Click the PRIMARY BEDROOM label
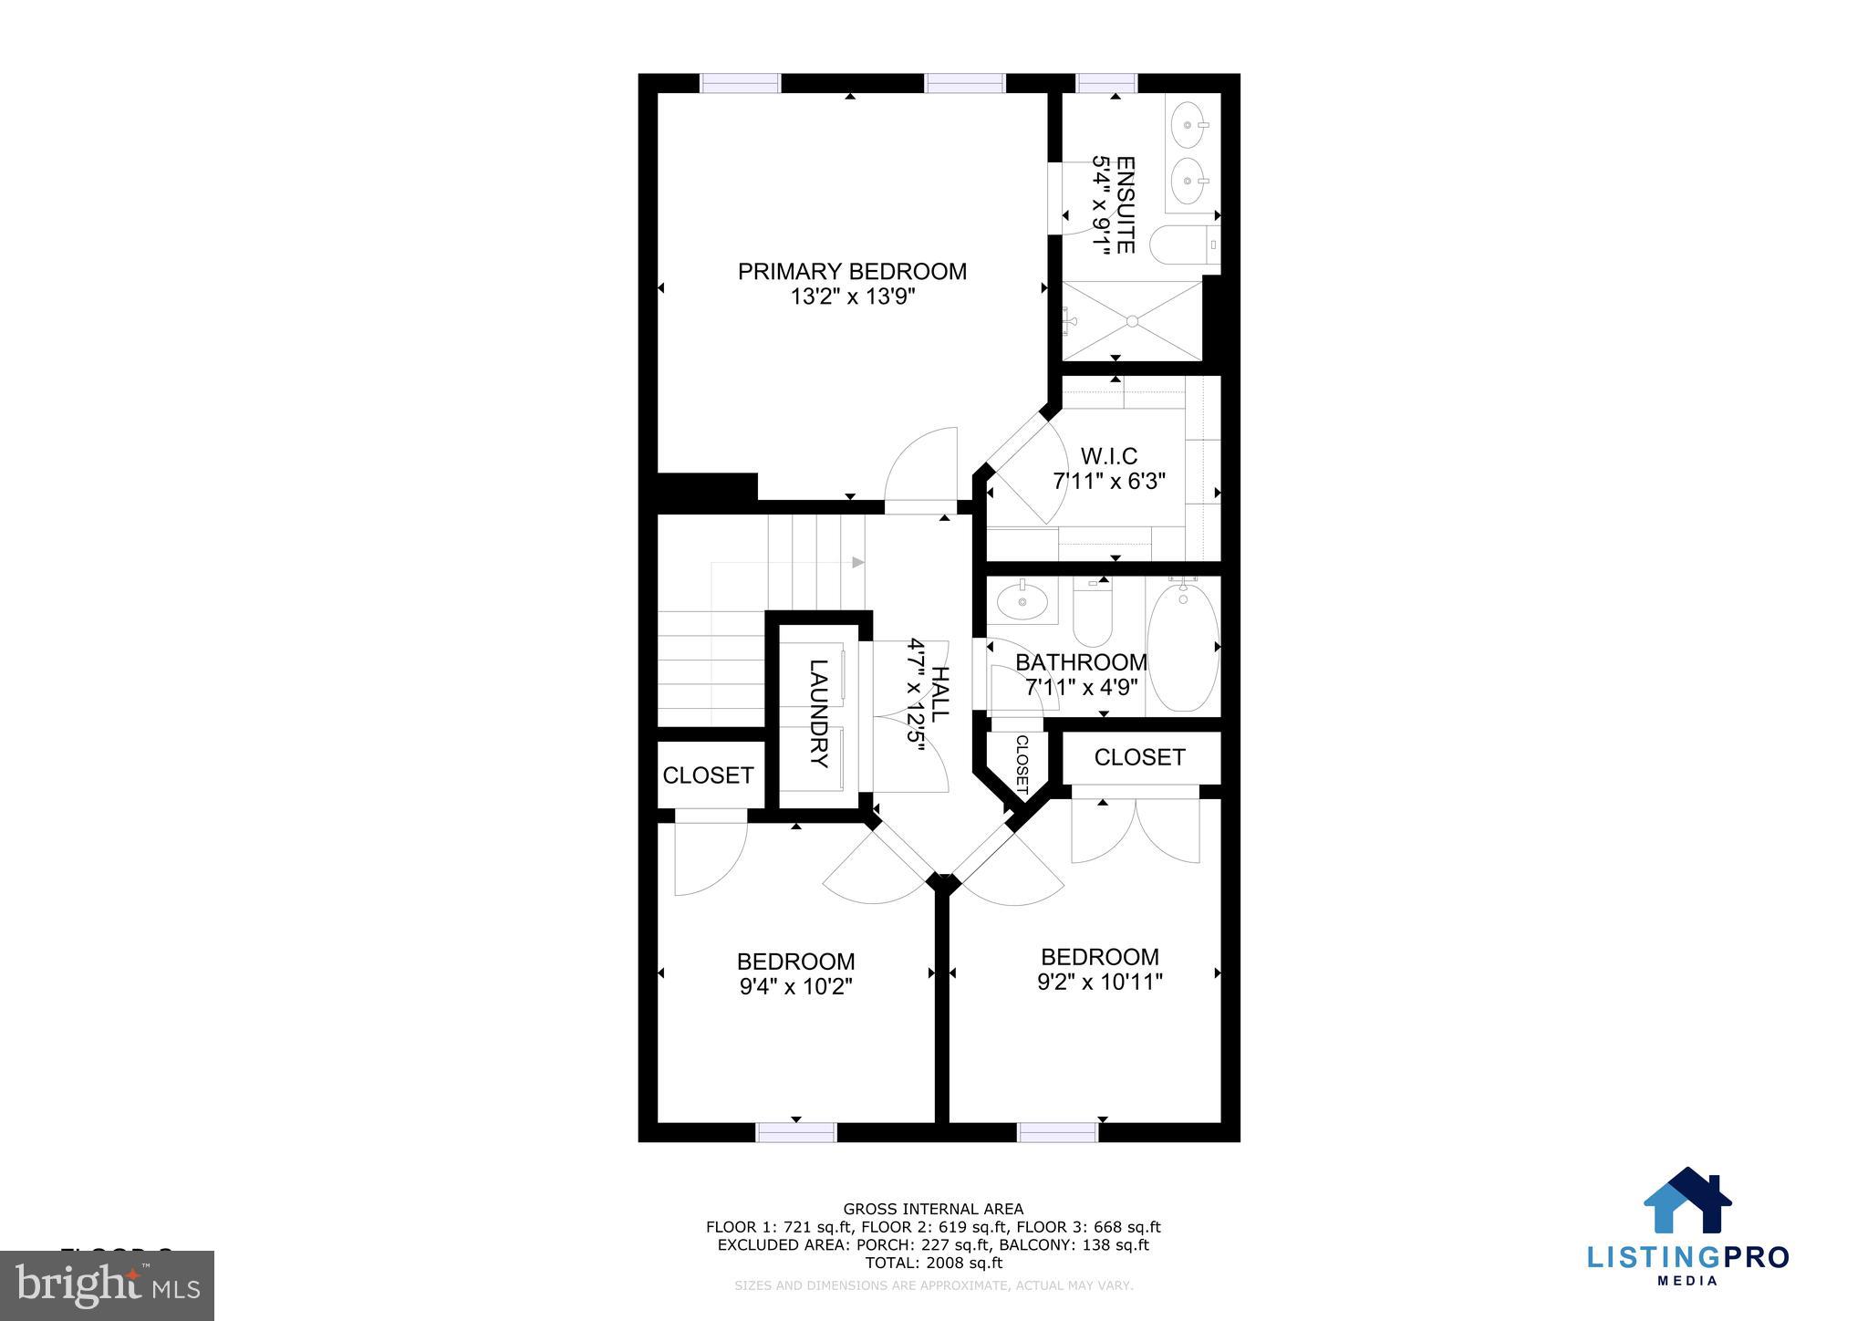tap(852, 272)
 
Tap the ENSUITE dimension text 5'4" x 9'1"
tap(1103, 205)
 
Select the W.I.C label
tap(1108, 456)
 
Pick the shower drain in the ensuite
tap(1132, 321)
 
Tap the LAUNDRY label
tap(818, 713)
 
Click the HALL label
tap(939, 695)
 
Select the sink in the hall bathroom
tap(1022, 601)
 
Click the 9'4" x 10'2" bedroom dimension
tap(795, 986)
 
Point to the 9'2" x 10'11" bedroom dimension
tap(1099, 982)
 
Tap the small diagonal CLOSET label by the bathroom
tap(1021, 764)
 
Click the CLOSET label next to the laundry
tap(708, 775)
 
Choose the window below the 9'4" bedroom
tap(796, 1132)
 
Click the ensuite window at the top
tap(1106, 83)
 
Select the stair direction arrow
tap(857, 562)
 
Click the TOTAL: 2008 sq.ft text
tap(933, 1263)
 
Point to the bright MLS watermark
tap(108, 1285)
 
